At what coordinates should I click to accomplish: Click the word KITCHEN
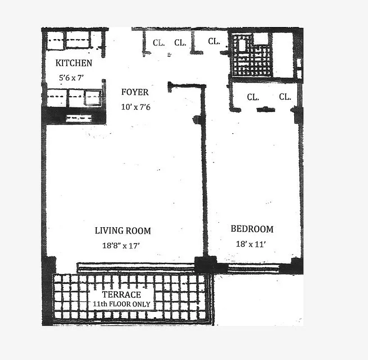pyautogui.click(x=74, y=63)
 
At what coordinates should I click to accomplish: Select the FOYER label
pyautogui.click(x=135, y=92)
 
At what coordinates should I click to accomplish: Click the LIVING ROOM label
pyautogui.click(x=122, y=231)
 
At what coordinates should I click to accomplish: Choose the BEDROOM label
pyautogui.click(x=251, y=229)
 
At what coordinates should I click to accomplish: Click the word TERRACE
pyautogui.click(x=121, y=295)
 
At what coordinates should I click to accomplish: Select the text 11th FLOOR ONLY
pyautogui.click(x=121, y=304)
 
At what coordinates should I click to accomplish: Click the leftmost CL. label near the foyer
pyautogui.click(x=158, y=43)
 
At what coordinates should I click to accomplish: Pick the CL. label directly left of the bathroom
pyautogui.click(x=214, y=41)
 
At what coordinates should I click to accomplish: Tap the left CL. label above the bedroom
pyautogui.click(x=252, y=97)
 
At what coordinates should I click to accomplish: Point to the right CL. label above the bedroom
pyautogui.click(x=284, y=97)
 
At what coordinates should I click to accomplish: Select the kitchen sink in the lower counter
pyautogui.click(x=93, y=98)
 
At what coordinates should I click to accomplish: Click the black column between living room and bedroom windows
pyautogui.click(x=205, y=265)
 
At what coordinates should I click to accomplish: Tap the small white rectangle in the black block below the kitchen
pyautogui.click(x=79, y=119)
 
